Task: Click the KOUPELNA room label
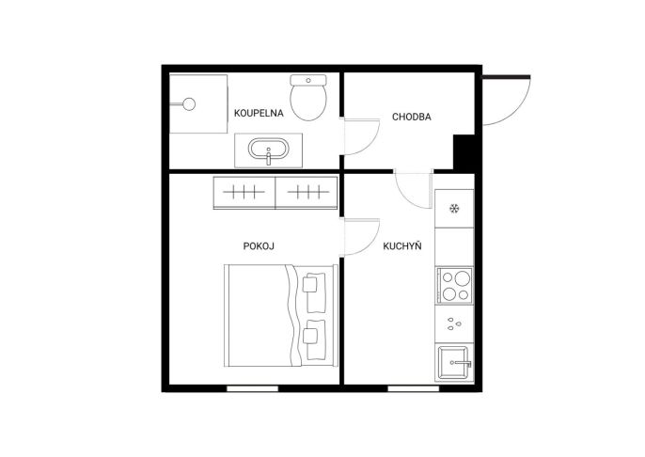pyautogui.click(x=259, y=113)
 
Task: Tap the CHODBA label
pyautogui.click(x=412, y=117)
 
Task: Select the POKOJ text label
pyautogui.click(x=259, y=246)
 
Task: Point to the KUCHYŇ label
pyautogui.click(x=402, y=246)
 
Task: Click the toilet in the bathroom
pyautogui.click(x=308, y=98)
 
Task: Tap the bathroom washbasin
pyautogui.click(x=268, y=149)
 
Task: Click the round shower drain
pyautogui.click(x=189, y=104)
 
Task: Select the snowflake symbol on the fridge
pyautogui.click(x=454, y=209)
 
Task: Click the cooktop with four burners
pyautogui.click(x=454, y=286)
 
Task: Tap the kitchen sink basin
pyautogui.click(x=453, y=363)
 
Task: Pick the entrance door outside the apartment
pyautogui.click(x=507, y=101)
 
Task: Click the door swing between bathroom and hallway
pyautogui.click(x=362, y=136)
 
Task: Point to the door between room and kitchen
pyautogui.click(x=362, y=237)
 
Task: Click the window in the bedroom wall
pyautogui.click(x=252, y=388)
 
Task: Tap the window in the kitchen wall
pyautogui.click(x=414, y=388)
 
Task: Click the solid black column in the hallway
pyautogui.click(x=464, y=151)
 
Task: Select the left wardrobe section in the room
pyautogui.click(x=244, y=193)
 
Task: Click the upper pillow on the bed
pyautogui.click(x=315, y=292)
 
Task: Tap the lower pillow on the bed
pyautogui.click(x=315, y=339)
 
